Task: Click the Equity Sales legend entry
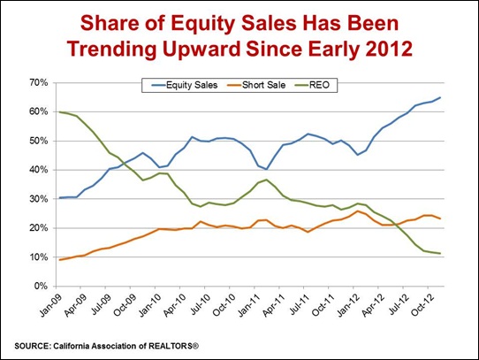click(x=185, y=85)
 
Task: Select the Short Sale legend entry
click(x=256, y=85)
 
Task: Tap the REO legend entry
click(x=313, y=85)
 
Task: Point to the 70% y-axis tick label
click(x=39, y=82)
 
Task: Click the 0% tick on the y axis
click(x=41, y=287)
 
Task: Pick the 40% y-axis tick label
click(x=39, y=170)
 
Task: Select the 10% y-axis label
click(x=39, y=257)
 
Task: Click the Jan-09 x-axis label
click(x=51, y=305)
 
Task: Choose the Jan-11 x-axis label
click(x=249, y=305)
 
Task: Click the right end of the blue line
click(x=440, y=97)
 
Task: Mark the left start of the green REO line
click(x=59, y=112)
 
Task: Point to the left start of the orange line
click(x=60, y=260)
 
